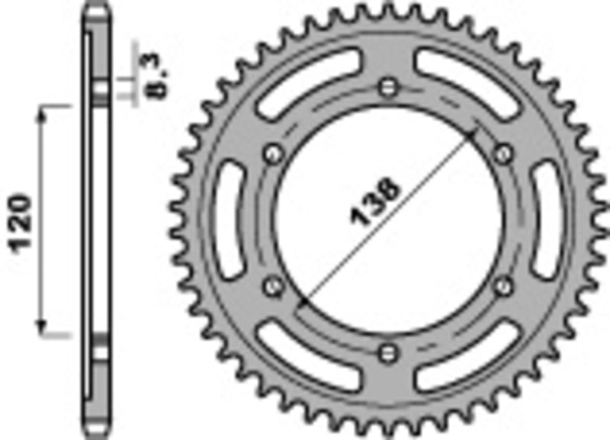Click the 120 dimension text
tap(21, 222)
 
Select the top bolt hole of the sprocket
tap(390, 85)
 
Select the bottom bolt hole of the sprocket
tap(390, 352)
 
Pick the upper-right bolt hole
tap(503, 154)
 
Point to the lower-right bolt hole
tap(503, 286)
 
